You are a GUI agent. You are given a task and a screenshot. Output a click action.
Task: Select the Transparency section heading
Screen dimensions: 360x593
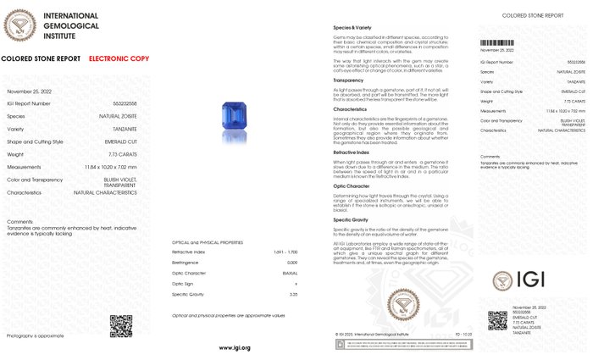click(x=350, y=80)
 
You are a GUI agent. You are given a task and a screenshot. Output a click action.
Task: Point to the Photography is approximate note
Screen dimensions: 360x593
click(x=35, y=336)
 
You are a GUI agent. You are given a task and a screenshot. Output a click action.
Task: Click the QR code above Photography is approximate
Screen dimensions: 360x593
click(x=120, y=325)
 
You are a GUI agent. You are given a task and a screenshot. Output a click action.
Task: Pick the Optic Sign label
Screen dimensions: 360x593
click(x=185, y=283)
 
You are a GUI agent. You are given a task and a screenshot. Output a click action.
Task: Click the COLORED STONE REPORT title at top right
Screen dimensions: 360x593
click(x=532, y=15)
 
